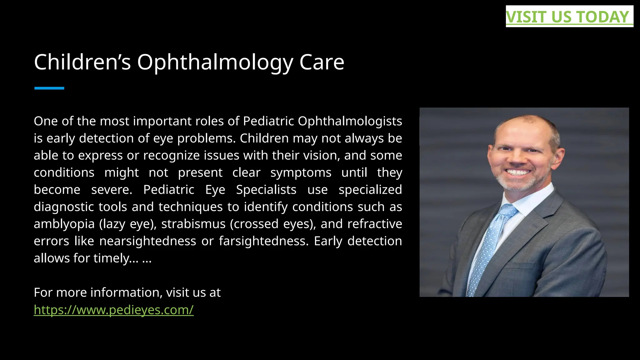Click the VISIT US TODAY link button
pos(569,17)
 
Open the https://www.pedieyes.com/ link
pos(113,310)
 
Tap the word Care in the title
pos(322,62)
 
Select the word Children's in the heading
pos(82,62)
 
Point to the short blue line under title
pos(49,88)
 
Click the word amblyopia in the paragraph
pos(64,224)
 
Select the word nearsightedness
pos(147,241)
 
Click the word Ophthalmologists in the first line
pos(350,121)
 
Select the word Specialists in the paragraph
pos(266,190)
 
